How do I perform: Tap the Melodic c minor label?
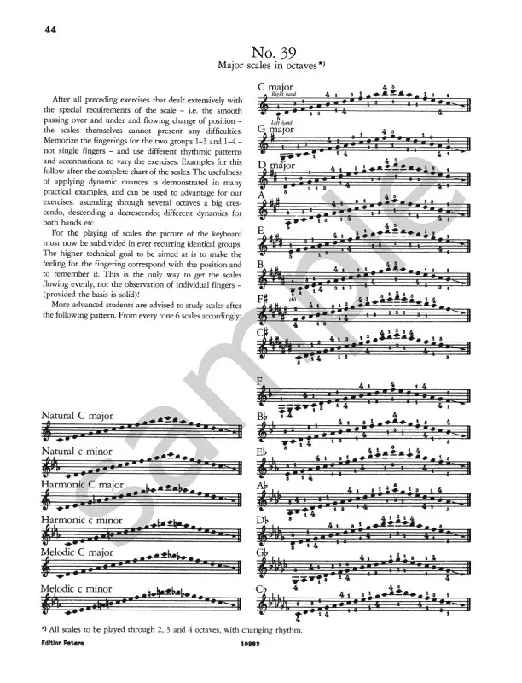[81, 588]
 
